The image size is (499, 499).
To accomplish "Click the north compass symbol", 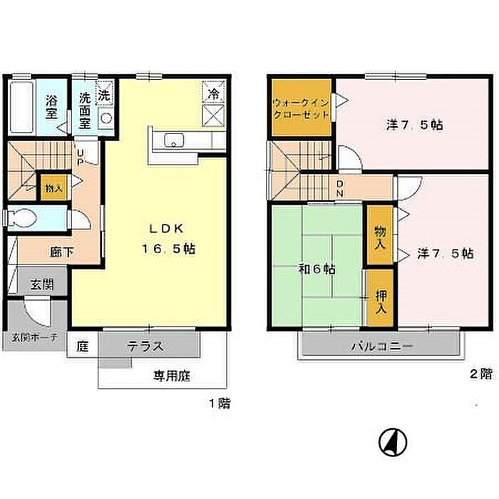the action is (393, 443).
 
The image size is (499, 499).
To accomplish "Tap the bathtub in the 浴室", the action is (21, 107).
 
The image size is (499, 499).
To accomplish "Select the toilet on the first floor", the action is (21, 218).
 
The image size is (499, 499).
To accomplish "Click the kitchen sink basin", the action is (174, 140).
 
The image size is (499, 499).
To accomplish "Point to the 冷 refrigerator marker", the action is (213, 92).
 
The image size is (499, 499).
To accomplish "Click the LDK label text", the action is (166, 229).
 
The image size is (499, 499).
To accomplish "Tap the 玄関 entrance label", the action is (42, 284).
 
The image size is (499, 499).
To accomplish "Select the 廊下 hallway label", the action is (62, 252).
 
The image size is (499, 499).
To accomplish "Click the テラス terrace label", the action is (145, 346).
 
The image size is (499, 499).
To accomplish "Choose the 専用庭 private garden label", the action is (172, 376).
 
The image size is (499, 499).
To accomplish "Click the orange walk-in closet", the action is (302, 108).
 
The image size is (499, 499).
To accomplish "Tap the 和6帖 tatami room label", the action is (317, 269).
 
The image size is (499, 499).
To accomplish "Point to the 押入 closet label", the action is (381, 302).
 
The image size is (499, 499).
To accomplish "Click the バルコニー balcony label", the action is (381, 346).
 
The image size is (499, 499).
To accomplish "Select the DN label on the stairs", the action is (340, 188).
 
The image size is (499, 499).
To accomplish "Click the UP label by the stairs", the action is (81, 158).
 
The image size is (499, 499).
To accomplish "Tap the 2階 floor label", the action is (481, 374).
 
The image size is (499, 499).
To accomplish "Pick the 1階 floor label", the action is (220, 403).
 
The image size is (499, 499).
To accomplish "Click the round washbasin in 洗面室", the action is (106, 118).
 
